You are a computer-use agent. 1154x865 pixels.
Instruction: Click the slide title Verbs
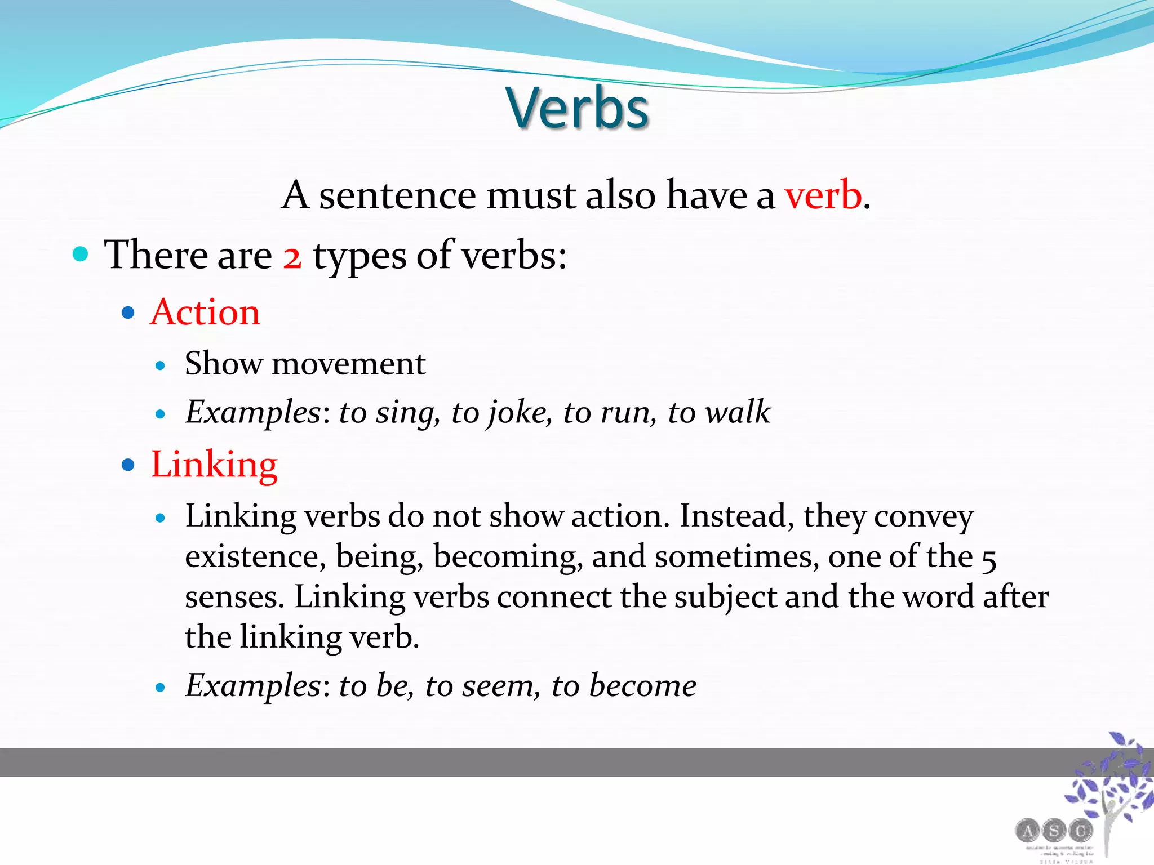(577, 108)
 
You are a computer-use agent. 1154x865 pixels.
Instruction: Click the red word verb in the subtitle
(823, 195)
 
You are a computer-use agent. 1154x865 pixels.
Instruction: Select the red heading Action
(205, 313)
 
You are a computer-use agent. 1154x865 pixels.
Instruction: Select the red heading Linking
(214, 465)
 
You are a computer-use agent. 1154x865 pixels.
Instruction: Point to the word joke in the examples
(517, 412)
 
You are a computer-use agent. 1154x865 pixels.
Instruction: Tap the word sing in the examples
(407, 413)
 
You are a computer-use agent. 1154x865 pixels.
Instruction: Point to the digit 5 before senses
(989, 560)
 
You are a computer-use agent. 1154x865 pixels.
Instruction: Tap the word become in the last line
(642, 685)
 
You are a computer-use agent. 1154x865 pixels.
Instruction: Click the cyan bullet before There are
(81, 254)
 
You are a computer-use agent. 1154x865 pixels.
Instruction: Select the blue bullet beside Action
(128, 313)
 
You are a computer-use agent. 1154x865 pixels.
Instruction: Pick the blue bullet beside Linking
(128, 465)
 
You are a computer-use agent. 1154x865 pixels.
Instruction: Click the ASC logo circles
(1054, 831)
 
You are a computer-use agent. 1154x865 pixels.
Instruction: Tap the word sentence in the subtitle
(397, 195)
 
